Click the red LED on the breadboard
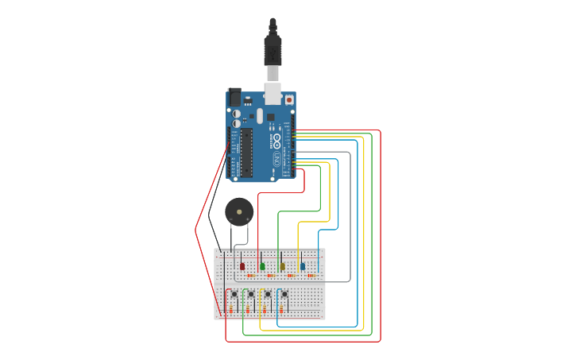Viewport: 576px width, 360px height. point(242,266)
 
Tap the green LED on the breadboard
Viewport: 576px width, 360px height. point(262,266)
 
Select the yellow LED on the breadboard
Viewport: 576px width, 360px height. point(282,266)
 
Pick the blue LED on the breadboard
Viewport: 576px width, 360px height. point(302,266)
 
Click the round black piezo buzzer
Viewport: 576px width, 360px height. point(238,211)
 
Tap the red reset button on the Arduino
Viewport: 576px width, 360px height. point(288,100)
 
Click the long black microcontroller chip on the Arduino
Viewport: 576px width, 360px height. point(247,153)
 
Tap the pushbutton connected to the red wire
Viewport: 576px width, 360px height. point(234,295)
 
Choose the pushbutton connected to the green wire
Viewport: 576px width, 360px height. point(251,295)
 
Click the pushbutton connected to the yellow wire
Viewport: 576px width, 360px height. point(268,295)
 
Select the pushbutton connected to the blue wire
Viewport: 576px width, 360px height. point(284,295)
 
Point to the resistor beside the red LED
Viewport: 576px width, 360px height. point(250,276)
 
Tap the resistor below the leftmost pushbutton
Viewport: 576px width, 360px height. point(230,308)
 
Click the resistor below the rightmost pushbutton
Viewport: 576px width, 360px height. point(280,308)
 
